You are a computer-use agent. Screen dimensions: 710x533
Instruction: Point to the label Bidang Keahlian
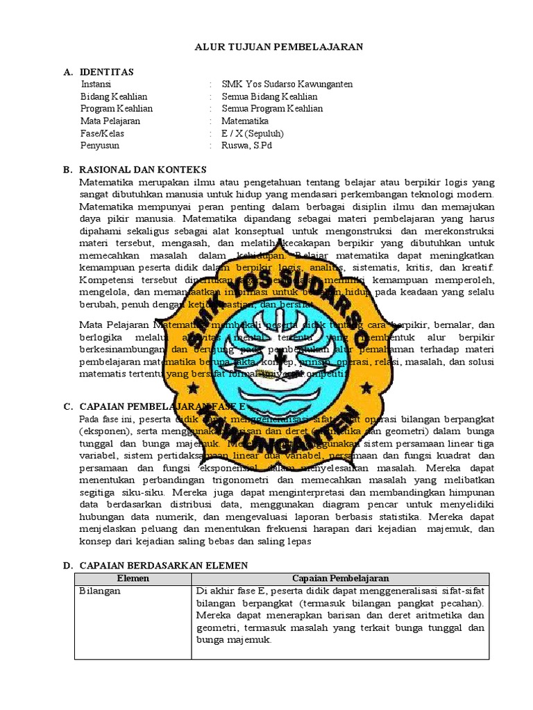pos(114,96)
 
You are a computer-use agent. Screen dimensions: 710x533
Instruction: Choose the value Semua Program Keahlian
pos(272,109)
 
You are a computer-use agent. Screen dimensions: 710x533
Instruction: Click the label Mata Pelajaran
pos(110,121)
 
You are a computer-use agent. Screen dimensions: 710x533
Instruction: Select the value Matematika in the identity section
pos(245,121)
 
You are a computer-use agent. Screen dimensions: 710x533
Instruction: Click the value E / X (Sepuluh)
pos(253,133)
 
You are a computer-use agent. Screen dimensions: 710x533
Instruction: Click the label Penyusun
pos(100,146)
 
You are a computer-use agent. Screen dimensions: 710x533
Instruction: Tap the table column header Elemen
pos(133,578)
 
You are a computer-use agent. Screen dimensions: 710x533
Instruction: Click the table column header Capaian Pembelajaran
pos(340,578)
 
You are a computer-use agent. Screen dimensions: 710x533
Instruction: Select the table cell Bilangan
pos(100,591)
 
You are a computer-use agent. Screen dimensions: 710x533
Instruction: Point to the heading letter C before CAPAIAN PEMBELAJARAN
pos(67,406)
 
